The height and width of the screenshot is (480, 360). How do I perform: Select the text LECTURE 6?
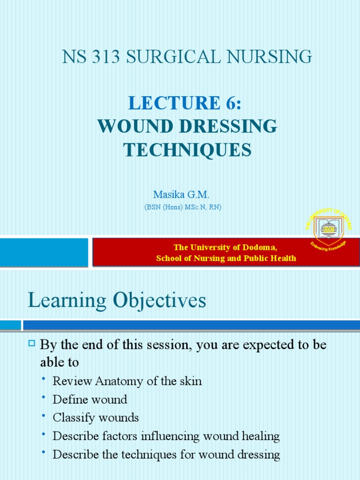187,103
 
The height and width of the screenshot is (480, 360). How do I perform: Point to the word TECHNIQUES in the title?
187,150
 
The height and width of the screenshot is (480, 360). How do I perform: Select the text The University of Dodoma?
225,247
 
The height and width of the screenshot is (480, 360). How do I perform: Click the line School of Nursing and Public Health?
226,258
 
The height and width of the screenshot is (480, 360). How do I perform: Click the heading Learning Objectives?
117,300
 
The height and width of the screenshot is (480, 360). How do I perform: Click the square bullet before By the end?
32,345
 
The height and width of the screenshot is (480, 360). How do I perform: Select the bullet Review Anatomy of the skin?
127,381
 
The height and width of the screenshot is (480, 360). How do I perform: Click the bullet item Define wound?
90,399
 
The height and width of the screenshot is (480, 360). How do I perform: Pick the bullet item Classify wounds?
96,418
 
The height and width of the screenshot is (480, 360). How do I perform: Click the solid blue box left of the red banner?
44,252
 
